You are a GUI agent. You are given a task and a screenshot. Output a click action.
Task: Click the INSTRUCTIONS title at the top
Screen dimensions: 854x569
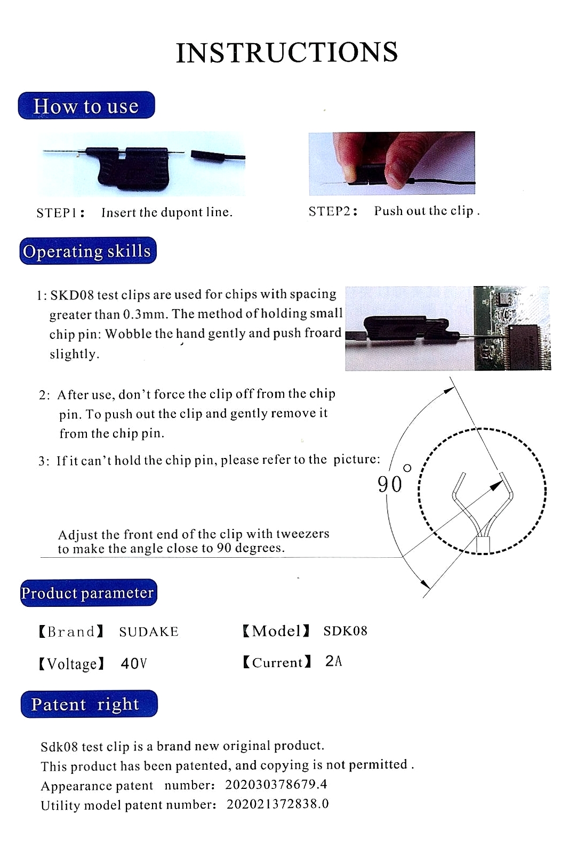tap(287, 52)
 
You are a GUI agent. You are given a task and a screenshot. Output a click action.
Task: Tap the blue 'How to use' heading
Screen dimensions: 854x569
tap(86, 106)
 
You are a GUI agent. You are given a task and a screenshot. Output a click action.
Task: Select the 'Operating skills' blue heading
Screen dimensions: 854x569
tap(88, 251)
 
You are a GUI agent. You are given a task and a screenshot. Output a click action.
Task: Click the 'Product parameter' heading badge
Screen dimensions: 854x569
tap(88, 593)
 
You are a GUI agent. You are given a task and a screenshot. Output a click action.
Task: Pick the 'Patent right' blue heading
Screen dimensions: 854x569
tap(89, 704)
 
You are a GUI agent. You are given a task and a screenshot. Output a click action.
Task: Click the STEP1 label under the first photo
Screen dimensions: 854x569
tap(60, 213)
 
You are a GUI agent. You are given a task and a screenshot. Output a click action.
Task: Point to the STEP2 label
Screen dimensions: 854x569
tap(332, 211)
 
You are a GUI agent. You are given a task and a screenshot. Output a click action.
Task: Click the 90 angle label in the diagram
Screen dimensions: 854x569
tap(390, 484)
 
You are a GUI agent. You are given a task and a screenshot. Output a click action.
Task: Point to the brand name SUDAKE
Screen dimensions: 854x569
tap(149, 632)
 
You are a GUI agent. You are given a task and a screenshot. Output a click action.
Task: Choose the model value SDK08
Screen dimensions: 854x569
tap(345, 631)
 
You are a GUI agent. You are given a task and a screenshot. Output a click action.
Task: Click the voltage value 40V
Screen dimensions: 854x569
tap(133, 663)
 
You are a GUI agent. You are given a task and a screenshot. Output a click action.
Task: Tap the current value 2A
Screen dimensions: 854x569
tap(333, 661)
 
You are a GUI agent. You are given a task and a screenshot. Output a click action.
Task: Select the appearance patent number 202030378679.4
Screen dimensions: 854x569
tap(276, 785)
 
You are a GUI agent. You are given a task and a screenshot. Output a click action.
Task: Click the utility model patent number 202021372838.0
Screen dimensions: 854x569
tap(277, 804)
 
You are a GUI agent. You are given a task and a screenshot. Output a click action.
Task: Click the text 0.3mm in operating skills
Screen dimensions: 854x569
tap(143, 314)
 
